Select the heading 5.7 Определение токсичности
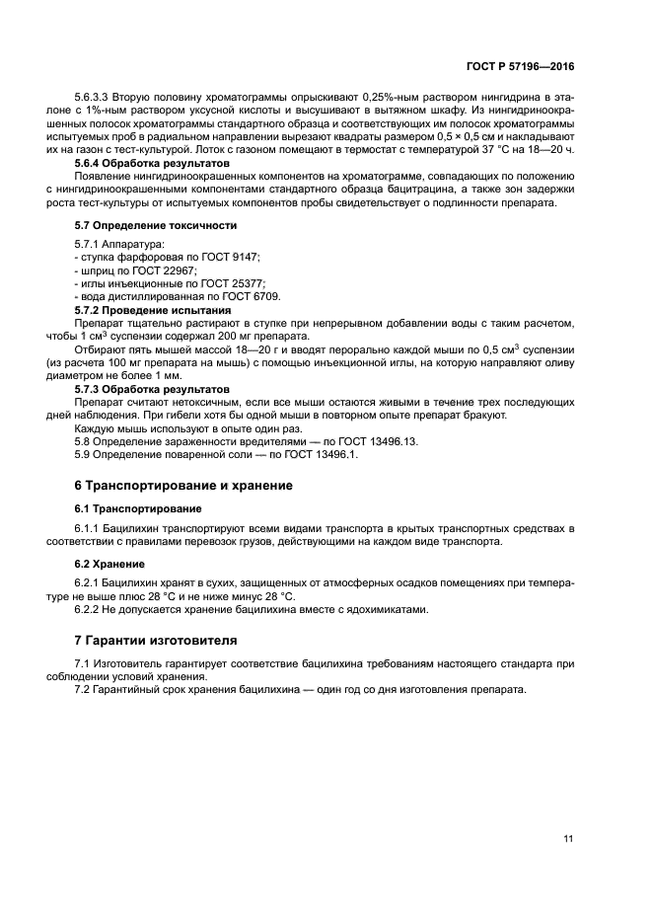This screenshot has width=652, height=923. pos(156,225)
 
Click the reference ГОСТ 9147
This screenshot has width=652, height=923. pos(232,257)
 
